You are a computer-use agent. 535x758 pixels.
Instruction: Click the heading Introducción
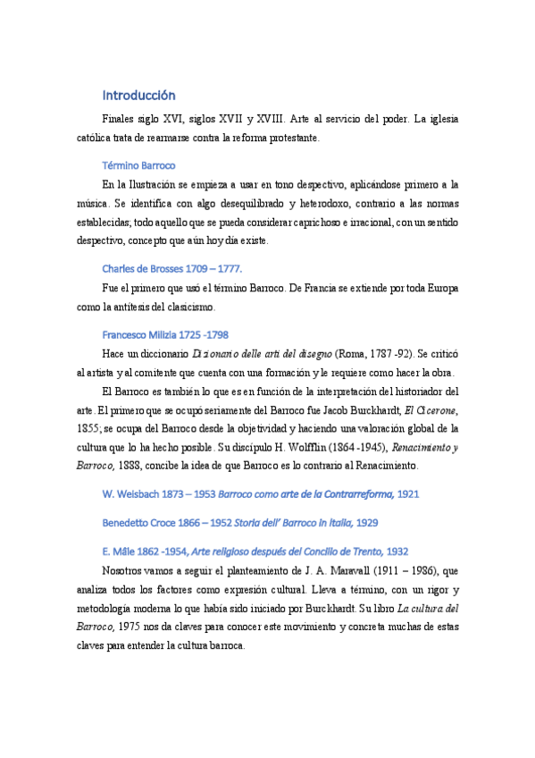click(x=138, y=95)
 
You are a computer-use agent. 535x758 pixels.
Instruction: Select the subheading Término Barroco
click(x=138, y=165)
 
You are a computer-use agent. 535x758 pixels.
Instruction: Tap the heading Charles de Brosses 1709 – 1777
click(x=171, y=268)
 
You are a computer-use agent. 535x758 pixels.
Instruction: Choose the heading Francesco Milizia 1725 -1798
click(x=165, y=334)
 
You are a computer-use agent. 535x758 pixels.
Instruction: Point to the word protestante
click(x=290, y=138)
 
